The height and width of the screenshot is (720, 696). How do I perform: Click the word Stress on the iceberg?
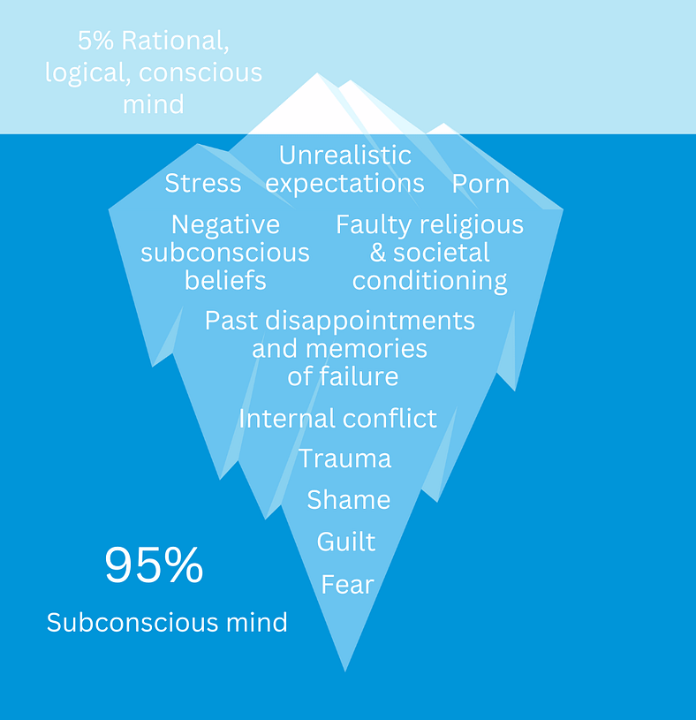point(202,184)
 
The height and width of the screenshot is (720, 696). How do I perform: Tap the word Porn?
point(480,184)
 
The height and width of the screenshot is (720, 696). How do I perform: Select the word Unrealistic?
point(345,155)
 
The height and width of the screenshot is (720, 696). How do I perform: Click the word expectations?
point(345,184)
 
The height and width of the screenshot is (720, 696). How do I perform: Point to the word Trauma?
point(344,459)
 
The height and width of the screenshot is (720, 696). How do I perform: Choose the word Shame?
point(348,500)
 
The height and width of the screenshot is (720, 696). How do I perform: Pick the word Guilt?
point(346,542)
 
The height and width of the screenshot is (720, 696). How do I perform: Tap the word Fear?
point(347,584)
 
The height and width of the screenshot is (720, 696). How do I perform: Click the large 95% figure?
point(154,565)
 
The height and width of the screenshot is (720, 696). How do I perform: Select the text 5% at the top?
point(95,42)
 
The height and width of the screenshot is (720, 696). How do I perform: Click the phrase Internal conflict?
point(337,418)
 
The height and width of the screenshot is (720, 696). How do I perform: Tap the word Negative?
point(225,225)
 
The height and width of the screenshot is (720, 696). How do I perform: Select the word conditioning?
point(429,281)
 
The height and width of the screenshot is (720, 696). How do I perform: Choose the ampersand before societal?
point(378,254)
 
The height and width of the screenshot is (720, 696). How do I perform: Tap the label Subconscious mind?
point(167,623)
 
